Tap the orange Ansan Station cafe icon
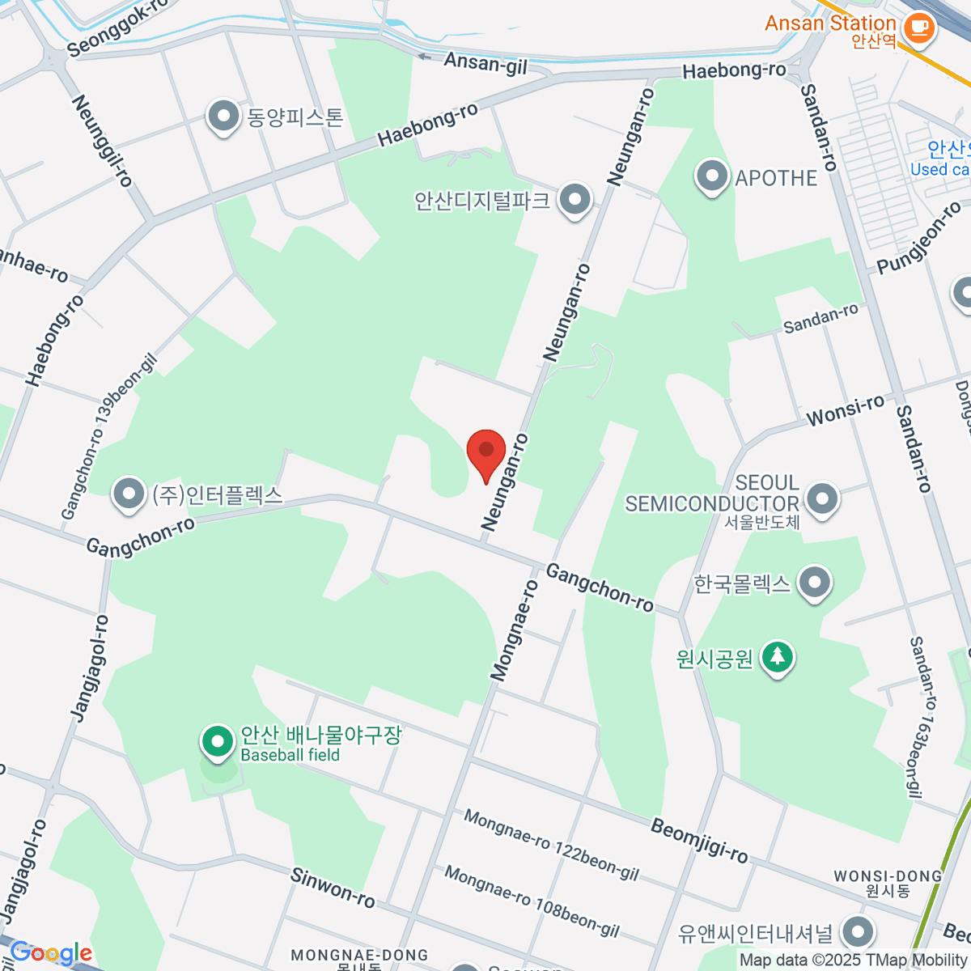[x=918, y=28]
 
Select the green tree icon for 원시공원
[x=778, y=656]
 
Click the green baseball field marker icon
[x=217, y=741]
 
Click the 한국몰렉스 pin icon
[x=814, y=583]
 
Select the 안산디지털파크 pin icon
[x=575, y=199]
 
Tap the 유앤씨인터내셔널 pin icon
[x=858, y=931]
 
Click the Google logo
[x=50, y=953]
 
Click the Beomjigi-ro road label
[x=699, y=840]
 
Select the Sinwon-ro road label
[x=333, y=887]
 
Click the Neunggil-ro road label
[x=102, y=141]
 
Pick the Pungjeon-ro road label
[x=919, y=238]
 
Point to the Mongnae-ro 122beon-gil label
[x=551, y=846]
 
